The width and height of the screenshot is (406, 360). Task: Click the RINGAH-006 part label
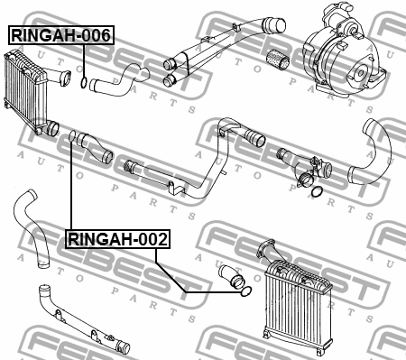(60, 36)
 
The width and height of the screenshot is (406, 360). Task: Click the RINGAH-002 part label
(117, 239)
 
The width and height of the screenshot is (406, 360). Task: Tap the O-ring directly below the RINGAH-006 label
(83, 86)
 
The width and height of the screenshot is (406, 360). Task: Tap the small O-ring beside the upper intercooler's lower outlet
(71, 136)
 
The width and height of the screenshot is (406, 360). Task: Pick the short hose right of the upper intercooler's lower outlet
(95, 147)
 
